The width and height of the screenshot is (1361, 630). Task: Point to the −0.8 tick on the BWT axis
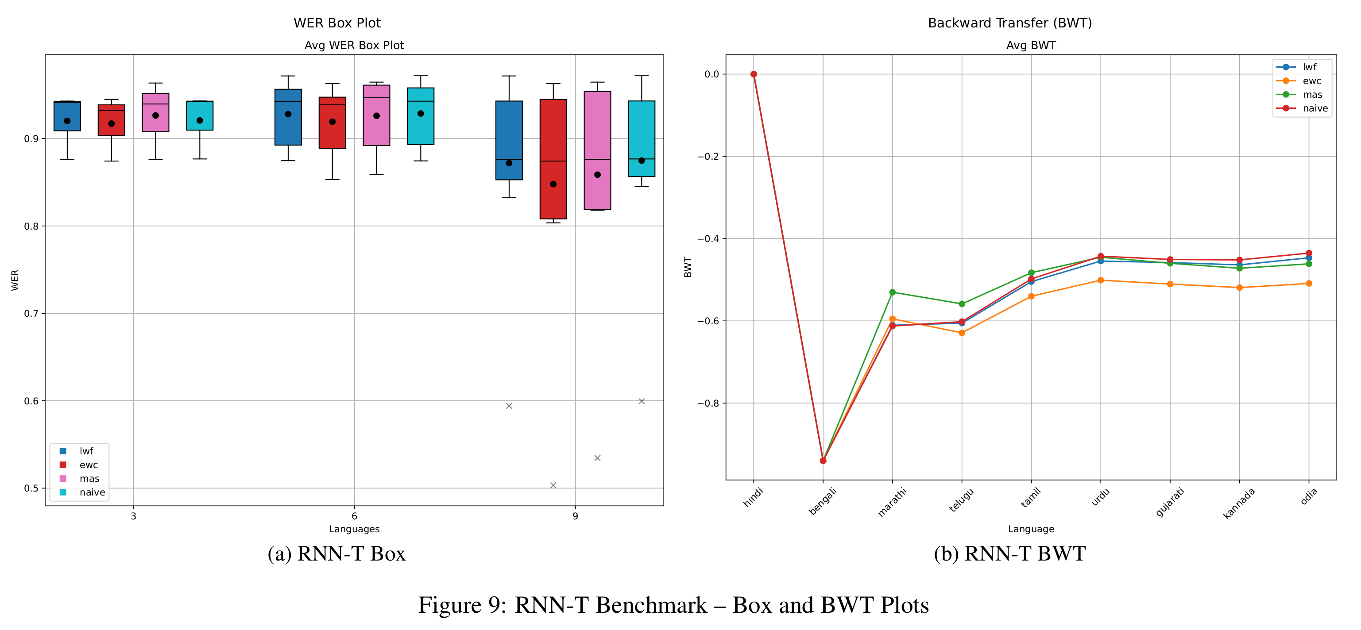(708, 403)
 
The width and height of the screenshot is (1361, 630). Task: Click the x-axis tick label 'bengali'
(823, 501)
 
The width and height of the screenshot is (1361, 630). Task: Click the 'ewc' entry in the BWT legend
(1311, 81)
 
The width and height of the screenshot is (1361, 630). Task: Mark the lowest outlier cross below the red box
(553, 485)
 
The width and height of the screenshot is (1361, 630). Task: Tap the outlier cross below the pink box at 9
(598, 458)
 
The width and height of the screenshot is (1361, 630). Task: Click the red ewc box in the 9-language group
(553, 158)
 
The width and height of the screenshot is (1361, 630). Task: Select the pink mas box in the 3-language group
(155, 112)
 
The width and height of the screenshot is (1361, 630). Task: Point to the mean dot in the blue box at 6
(288, 114)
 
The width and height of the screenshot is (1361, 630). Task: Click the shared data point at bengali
(823, 461)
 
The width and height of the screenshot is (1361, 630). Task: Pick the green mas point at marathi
(893, 292)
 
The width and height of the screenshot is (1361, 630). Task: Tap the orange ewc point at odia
(1309, 284)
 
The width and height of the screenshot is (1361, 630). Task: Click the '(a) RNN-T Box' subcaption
(336, 553)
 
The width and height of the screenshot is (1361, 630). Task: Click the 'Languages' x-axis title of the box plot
(354, 529)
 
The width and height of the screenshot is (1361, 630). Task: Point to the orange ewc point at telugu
(962, 333)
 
